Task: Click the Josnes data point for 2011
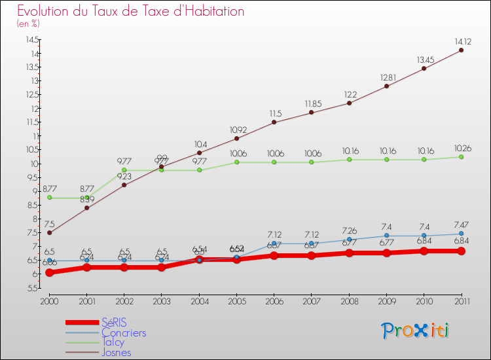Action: click(461, 50)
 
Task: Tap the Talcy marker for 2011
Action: click(461, 157)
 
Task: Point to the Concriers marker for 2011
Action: click(461, 234)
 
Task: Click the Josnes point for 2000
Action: click(49, 232)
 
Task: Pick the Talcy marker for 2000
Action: click(49, 198)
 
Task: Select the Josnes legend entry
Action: click(117, 352)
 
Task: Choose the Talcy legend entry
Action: click(113, 342)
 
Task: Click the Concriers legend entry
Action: click(124, 333)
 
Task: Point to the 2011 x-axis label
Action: click(461, 300)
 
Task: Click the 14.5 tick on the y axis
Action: click(31, 40)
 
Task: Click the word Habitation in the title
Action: click(208, 11)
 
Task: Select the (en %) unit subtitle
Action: click(28, 24)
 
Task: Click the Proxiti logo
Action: click(416, 331)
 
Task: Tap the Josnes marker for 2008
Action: click(349, 103)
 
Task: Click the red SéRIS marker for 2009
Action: click(386, 253)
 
